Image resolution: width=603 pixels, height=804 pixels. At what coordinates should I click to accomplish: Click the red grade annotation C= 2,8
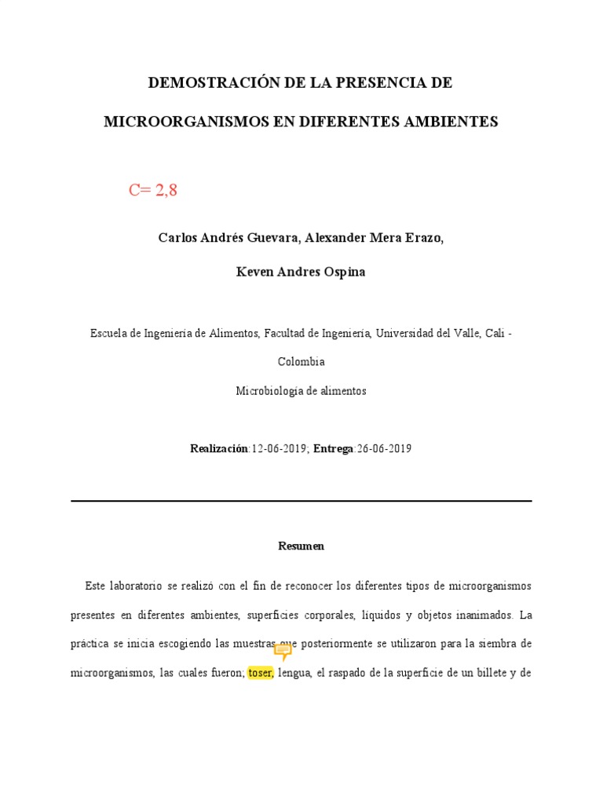(153, 190)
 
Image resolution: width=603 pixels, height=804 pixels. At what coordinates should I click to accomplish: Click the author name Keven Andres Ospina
(301, 272)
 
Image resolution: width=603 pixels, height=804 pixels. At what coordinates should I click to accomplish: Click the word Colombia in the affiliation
(301, 362)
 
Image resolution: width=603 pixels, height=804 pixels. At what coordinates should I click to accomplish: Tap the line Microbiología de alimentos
(301, 391)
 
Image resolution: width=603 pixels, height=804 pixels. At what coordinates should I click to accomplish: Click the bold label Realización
(218, 449)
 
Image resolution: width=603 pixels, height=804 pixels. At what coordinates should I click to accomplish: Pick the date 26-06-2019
(383, 449)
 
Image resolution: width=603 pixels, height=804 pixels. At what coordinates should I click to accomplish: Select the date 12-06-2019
(280, 449)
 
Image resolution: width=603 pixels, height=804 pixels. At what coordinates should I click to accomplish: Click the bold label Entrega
(333, 449)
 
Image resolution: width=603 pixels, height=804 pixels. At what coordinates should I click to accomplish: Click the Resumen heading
(301, 546)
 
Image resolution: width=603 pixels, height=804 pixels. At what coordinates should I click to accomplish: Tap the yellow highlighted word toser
(260, 673)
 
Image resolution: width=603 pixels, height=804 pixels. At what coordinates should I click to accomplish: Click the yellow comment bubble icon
(283, 651)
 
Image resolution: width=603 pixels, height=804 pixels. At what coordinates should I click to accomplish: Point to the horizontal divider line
(301, 501)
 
